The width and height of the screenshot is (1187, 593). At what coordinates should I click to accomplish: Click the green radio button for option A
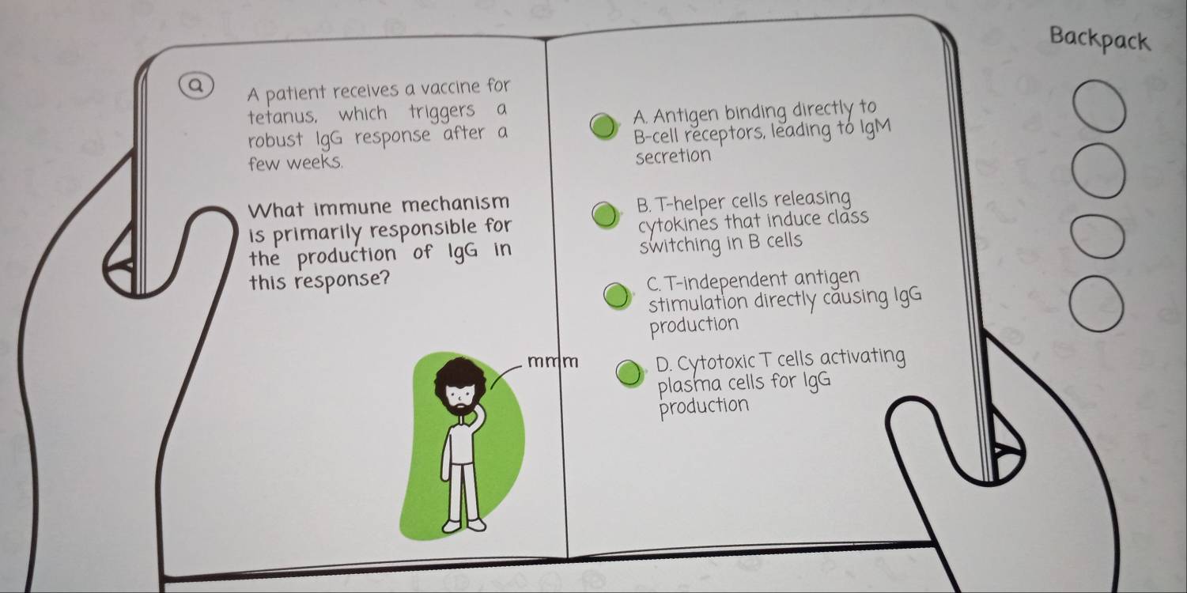pyautogui.click(x=604, y=127)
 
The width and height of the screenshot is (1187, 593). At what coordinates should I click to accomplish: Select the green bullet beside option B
pyautogui.click(x=605, y=215)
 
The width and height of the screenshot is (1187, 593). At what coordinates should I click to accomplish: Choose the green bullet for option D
pyautogui.click(x=629, y=374)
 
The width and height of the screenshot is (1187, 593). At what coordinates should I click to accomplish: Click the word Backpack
pyautogui.click(x=1099, y=40)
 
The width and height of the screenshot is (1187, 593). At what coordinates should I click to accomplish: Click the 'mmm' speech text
pyautogui.click(x=553, y=362)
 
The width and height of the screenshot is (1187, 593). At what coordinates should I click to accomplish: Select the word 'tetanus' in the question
pyautogui.click(x=283, y=115)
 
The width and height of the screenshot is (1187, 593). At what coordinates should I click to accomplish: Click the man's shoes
pyautogui.click(x=464, y=525)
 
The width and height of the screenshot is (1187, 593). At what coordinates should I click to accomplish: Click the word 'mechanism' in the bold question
pyautogui.click(x=456, y=203)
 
